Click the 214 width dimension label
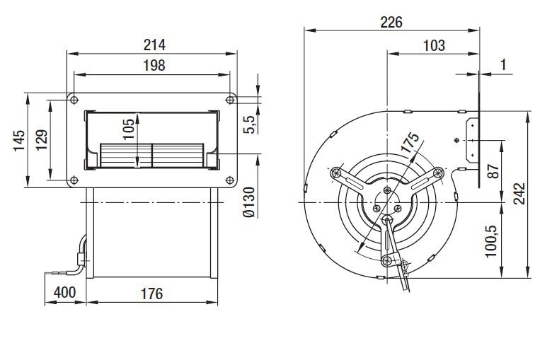pos(154,45)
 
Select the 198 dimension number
pos(154,66)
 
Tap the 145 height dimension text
pos(19,141)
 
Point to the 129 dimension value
pos(42,140)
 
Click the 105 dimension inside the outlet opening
pos(129,129)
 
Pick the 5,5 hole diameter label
pos(249,124)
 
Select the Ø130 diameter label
pos(249,202)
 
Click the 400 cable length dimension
pos(65,292)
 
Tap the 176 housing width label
pos(151,294)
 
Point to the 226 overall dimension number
pos(391,23)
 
